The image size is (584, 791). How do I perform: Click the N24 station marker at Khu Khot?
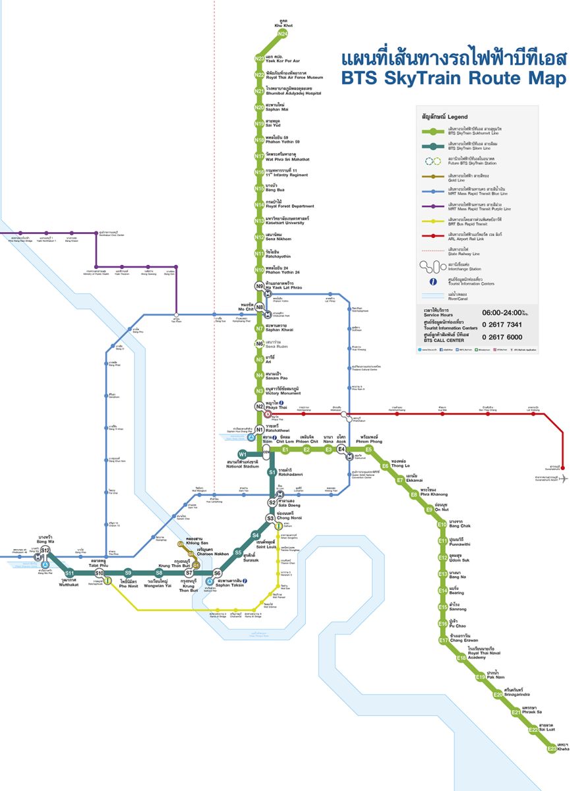[x=282, y=34]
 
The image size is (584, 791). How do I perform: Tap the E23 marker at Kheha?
[x=552, y=748]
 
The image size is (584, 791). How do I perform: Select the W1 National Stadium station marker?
[x=243, y=454]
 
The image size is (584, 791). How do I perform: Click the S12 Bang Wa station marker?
[x=45, y=550]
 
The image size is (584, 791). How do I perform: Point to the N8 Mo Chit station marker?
[x=260, y=308]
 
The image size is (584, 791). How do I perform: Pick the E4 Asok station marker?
[x=341, y=450]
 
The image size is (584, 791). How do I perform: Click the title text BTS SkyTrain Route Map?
[x=453, y=78]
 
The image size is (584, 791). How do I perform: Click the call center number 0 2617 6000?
[x=506, y=336]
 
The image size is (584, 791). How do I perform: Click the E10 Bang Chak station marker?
[x=442, y=525]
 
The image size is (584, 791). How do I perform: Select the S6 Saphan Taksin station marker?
[x=217, y=573]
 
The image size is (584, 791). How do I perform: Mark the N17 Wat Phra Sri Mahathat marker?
[x=260, y=156]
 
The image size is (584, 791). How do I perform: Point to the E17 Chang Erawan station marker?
[x=444, y=640]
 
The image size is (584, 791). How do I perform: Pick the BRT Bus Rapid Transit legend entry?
[x=475, y=220]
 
